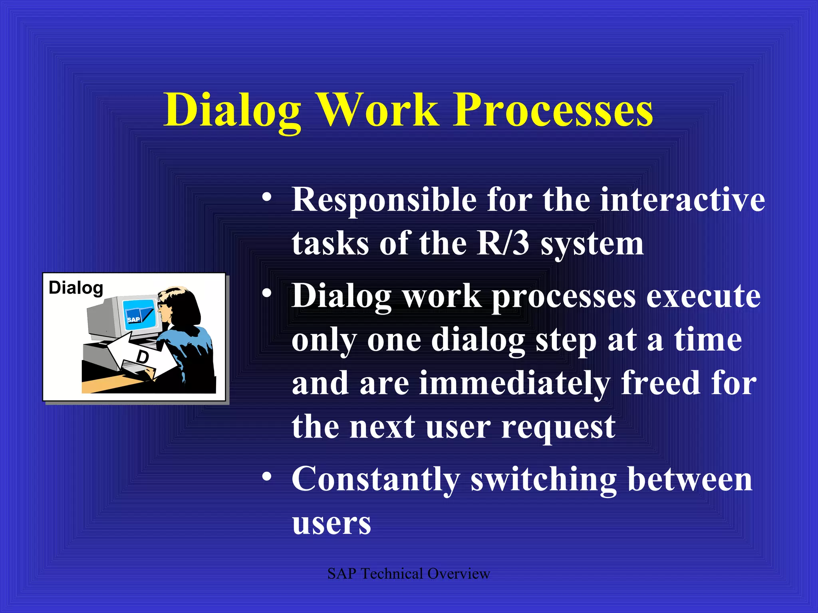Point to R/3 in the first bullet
[x=503, y=243]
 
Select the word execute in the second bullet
[x=703, y=297]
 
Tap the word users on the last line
[x=332, y=524]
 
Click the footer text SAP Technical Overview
[x=408, y=574]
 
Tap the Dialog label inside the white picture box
[x=76, y=288]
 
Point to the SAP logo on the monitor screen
[x=134, y=319]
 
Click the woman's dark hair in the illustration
[x=186, y=307]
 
